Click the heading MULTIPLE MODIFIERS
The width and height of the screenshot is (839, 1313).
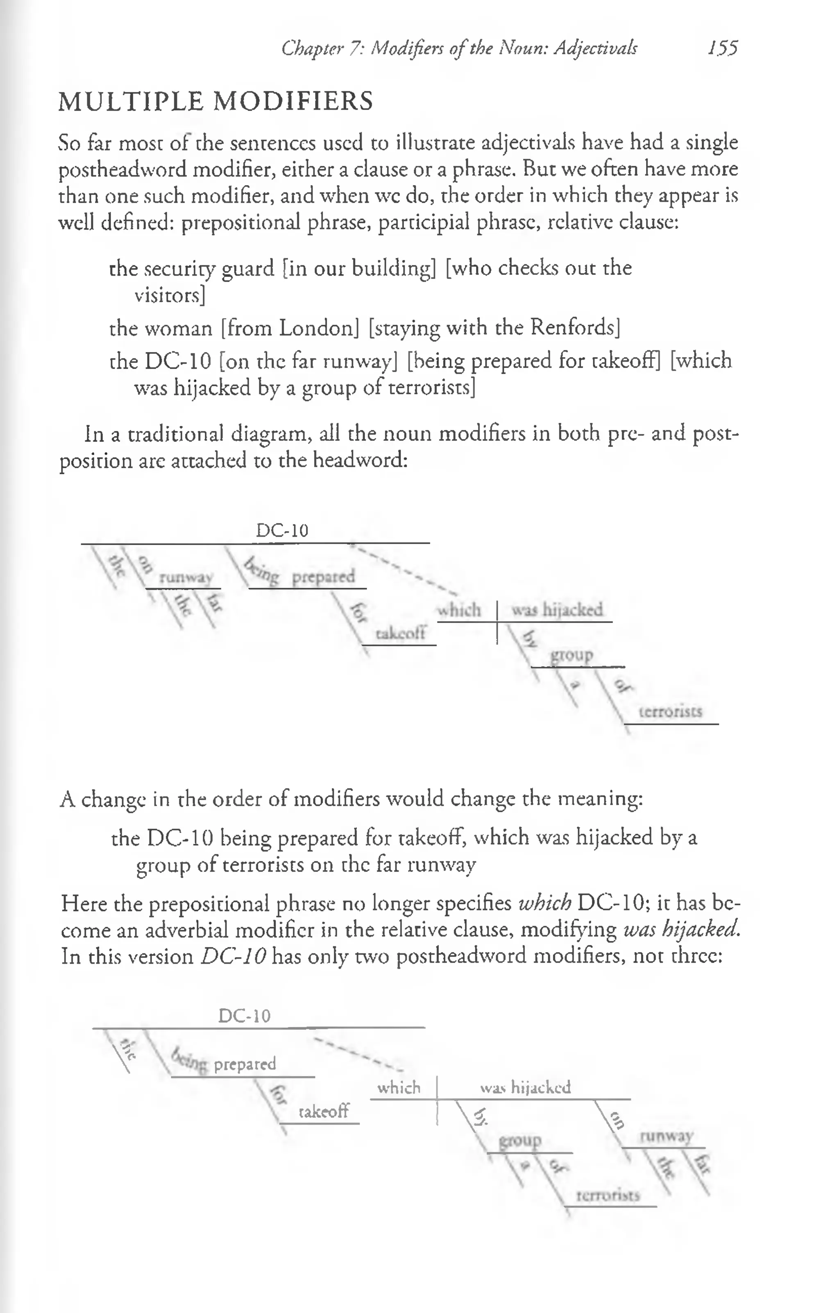point(215,102)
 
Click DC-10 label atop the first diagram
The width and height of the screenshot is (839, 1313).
point(282,530)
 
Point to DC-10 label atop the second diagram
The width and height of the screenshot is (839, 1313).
point(245,1016)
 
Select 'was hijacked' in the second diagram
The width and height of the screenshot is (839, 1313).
point(525,1088)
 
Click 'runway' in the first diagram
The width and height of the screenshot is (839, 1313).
point(186,578)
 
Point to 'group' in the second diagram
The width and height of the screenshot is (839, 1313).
point(520,1141)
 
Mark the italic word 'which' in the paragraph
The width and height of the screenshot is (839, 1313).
point(544,903)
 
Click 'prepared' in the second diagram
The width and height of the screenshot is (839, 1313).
point(245,1064)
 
